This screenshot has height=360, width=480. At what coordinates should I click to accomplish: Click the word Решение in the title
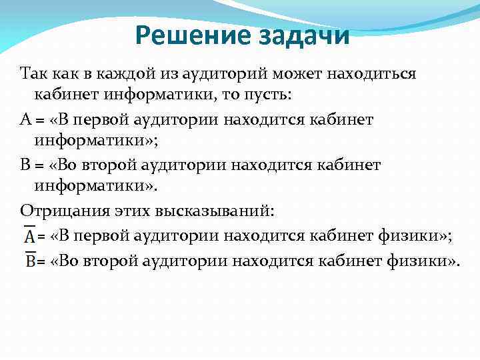187,35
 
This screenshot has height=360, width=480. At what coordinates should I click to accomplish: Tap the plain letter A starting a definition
26,119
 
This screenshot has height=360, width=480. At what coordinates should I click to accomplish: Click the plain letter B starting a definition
25,165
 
